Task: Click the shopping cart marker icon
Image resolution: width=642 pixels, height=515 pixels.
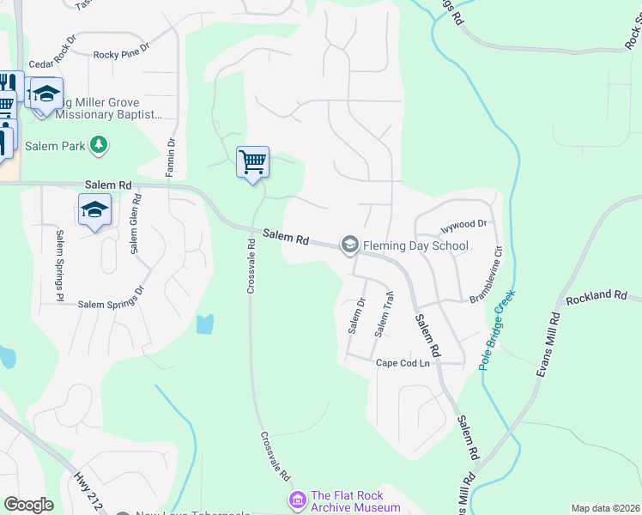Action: coord(252,161)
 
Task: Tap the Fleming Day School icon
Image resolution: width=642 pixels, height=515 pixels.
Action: coord(349,245)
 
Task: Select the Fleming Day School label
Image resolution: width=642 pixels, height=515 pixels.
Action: coord(415,245)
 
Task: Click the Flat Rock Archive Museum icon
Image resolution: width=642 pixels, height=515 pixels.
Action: coord(297,499)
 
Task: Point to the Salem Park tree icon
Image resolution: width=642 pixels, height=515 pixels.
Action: coord(100,145)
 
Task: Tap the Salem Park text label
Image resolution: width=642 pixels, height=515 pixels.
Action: coord(55,146)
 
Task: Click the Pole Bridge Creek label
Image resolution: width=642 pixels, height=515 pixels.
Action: coord(497,330)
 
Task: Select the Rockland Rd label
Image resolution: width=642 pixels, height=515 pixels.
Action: coord(597,296)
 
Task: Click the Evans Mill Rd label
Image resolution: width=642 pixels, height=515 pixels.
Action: coord(548,343)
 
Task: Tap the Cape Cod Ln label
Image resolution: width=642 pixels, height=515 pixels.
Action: coord(408,363)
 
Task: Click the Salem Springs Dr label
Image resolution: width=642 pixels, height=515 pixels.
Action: coord(112,304)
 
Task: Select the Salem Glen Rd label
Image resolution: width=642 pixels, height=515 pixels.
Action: coord(135,223)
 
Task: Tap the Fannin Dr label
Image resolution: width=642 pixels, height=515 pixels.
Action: coord(172,155)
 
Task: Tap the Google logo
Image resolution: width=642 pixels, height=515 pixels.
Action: coord(28,505)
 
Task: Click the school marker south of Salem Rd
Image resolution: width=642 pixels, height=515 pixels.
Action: coord(94,209)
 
